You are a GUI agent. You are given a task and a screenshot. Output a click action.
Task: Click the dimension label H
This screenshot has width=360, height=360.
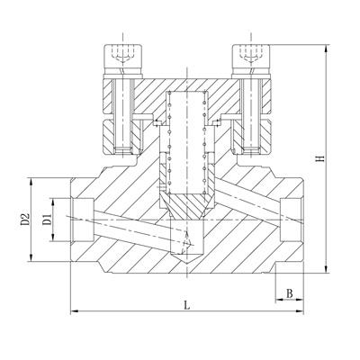click(x=321, y=158)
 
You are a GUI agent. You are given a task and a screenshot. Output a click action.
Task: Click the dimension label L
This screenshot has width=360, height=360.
click(x=187, y=305)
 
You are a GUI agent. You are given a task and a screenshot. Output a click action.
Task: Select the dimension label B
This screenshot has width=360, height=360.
click(x=290, y=293)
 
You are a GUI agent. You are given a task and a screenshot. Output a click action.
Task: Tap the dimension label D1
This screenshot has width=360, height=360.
click(x=47, y=220)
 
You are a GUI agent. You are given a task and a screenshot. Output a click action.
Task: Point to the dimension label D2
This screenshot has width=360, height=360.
click(x=25, y=219)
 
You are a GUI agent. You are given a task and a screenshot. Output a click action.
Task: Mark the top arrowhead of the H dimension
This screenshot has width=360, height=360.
click(x=327, y=49)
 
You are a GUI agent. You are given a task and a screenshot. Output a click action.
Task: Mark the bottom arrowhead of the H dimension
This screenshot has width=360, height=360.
click(x=327, y=269)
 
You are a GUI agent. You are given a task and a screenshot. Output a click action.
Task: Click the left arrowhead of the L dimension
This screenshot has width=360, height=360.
click(x=74, y=311)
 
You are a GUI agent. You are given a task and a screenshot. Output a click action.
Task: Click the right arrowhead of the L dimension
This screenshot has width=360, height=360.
click(x=300, y=311)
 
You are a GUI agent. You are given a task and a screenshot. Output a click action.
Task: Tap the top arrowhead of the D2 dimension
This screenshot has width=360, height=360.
click(x=31, y=182)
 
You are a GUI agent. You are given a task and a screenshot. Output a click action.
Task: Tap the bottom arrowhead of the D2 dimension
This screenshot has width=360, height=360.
click(x=31, y=257)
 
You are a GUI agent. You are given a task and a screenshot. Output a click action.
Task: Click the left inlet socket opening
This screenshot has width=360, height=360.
click(x=83, y=220)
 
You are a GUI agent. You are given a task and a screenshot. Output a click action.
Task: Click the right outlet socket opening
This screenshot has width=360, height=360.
click(x=292, y=220)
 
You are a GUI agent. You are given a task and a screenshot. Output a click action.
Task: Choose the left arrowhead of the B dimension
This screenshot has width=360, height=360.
click(x=279, y=300)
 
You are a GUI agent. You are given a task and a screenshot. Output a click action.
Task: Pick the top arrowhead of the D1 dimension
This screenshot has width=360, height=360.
click(x=53, y=202)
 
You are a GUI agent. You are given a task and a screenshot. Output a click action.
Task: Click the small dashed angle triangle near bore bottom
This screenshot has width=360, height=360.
click(x=186, y=242)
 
